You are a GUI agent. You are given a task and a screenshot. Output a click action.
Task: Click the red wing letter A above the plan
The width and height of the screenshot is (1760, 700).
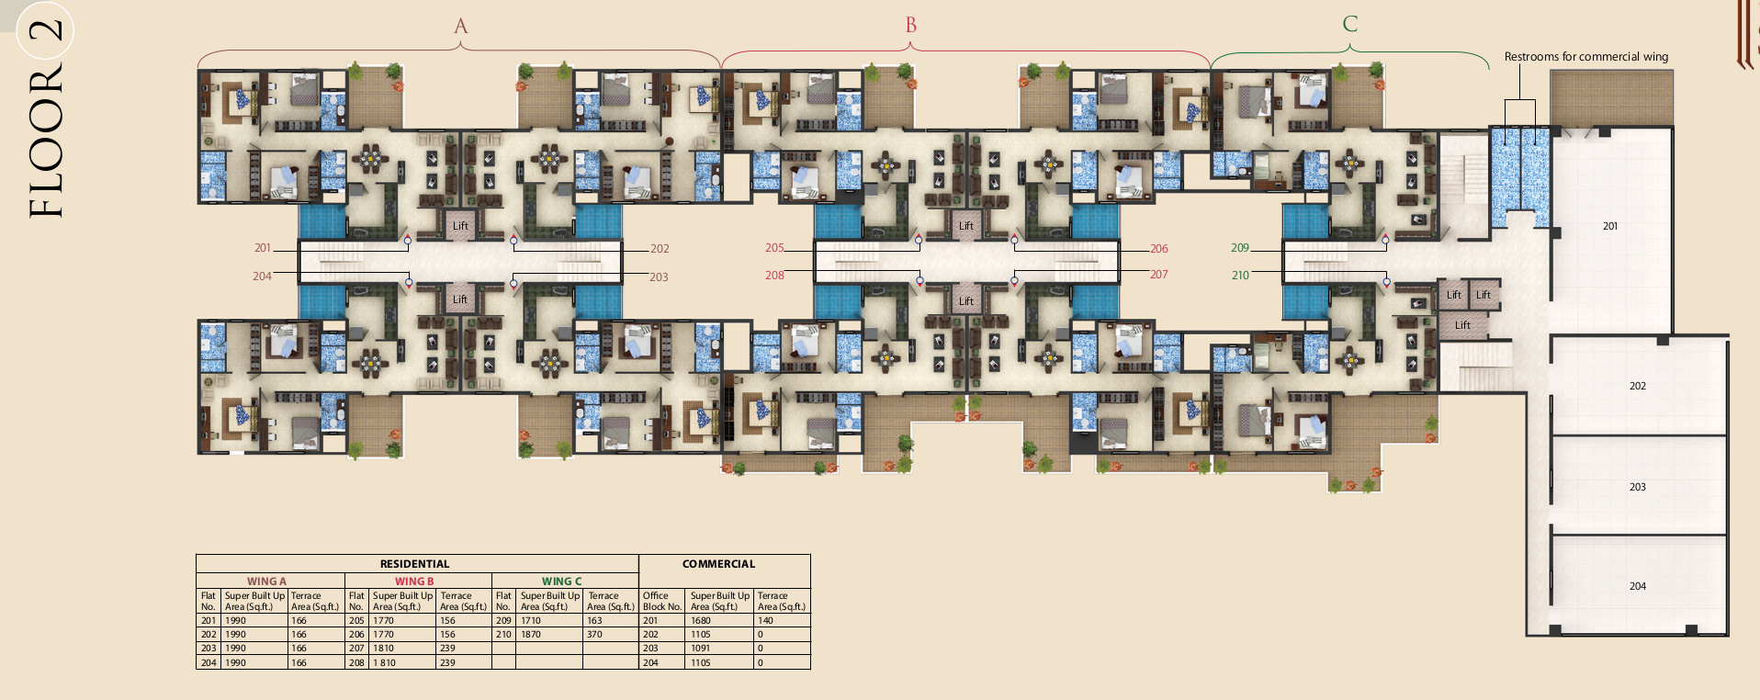click(x=461, y=26)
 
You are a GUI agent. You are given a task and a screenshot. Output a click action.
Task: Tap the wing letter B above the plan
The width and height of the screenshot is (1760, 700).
click(x=911, y=25)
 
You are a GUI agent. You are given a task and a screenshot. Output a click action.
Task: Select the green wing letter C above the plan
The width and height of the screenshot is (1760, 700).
click(x=1350, y=23)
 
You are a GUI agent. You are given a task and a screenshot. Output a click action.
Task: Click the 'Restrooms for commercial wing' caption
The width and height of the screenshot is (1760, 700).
click(x=1586, y=56)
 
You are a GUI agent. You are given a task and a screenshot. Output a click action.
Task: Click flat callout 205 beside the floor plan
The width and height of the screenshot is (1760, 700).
click(x=774, y=248)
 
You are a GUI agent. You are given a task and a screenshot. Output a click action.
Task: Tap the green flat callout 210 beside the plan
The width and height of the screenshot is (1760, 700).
click(x=1240, y=276)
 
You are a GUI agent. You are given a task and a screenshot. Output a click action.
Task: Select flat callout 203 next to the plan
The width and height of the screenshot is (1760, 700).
click(x=659, y=277)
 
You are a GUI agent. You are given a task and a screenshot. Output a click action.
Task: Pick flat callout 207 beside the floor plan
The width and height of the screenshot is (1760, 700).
click(x=1159, y=275)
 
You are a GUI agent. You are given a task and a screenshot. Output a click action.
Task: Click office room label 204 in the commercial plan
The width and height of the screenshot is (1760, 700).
click(x=1638, y=586)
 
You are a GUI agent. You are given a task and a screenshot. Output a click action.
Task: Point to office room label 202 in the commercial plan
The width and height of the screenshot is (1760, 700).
click(x=1638, y=386)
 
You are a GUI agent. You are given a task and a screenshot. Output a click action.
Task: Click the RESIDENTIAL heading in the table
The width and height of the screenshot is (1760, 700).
click(x=415, y=564)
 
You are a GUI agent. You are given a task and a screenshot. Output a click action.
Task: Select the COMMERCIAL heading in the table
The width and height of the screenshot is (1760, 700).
click(x=718, y=564)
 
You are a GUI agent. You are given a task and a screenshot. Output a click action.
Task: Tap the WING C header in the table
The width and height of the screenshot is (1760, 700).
click(x=562, y=581)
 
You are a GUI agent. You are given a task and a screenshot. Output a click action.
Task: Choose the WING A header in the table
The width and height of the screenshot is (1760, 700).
click(x=266, y=581)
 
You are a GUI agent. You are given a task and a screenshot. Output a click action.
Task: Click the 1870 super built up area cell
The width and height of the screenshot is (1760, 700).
click(x=531, y=635)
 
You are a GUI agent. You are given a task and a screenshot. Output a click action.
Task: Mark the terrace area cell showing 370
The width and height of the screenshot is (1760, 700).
click(x=594, y=635)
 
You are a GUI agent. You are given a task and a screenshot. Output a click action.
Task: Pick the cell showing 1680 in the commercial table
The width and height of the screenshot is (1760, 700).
click(x=701, y=621)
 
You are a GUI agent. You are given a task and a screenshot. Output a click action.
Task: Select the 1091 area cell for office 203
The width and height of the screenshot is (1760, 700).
click(x=701, y=649)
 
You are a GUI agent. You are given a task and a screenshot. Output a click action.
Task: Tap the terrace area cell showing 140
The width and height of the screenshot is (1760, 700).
click(x=765, y=621)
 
